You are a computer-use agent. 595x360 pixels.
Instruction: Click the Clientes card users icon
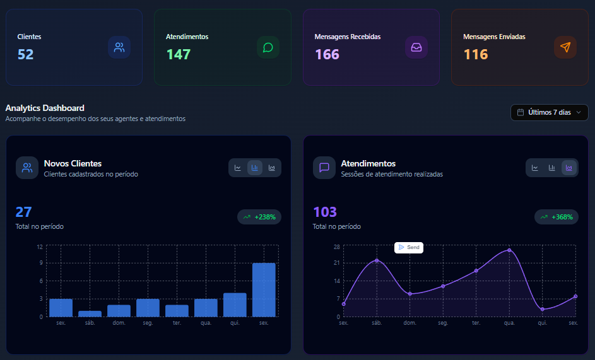pyautogui.click(x=119, y=47)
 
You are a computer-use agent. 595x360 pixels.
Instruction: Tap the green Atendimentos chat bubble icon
pyautogui.click(x=268, y=47)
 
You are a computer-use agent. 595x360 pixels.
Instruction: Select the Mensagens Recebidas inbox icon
pyautogui.click(x=416, y=47)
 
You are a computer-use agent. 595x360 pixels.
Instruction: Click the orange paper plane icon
pyautogui.click(x=565, y=47)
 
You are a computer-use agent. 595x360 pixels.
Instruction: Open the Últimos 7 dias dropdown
pyautogui.click(x=549, y=112)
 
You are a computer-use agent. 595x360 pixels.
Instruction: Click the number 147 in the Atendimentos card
pyautogui.click(x=179, y=54)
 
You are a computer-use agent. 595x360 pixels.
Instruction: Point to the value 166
pyautogui.click(x=327, y=54)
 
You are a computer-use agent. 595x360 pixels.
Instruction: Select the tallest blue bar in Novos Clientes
pyautogui.click(x=264, y=289)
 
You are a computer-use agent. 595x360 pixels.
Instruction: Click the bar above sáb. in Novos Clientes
pyautogui.click(x=90, y=313)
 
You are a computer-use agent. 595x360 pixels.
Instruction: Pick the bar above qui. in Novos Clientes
pyautogui.click(x=235, y=305)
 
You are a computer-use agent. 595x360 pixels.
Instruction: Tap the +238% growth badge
pyautogui.click(x=259, y=217)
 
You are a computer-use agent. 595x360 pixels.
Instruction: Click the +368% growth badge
pyautogui.click(x=557, y=217)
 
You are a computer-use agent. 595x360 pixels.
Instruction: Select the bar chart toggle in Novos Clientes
pyautogui.click(x=255, y=168)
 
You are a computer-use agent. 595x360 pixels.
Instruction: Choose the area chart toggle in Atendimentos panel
pyautogui.click(x=569, y=168)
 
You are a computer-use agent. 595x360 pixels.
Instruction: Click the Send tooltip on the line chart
pyautogui.click(x=409, y=248)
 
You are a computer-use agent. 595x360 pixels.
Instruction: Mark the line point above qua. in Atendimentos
pyautogui.click(x=509, y=250)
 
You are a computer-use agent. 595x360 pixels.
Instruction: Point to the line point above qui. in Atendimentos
pyautogui.click(x=543, y=309)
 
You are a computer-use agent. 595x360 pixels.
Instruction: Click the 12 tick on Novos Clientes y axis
pyautogui.click(x=40, y=247)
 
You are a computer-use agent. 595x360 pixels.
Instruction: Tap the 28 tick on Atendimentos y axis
pyautogui.click(x=337, y=247)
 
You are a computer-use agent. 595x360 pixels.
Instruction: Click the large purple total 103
pyautogui.click(x=325, y=212)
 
